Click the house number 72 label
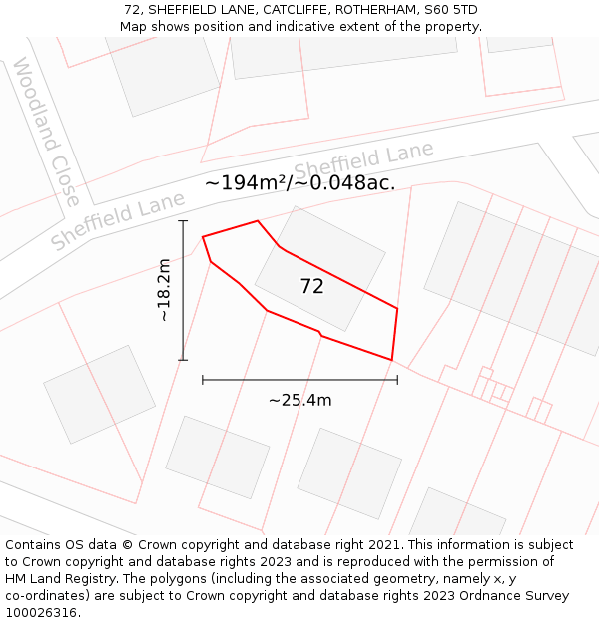(x=311, y=286)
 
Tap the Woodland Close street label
(x=46, y=132)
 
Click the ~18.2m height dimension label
(x=164, y=290)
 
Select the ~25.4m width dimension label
(x=299, y=400)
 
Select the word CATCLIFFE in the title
(x=295, y=10)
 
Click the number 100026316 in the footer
(x=41, y=612)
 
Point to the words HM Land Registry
(x=60, y=579)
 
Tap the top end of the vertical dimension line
(x=183, y=221)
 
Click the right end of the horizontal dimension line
(x=397, y=379)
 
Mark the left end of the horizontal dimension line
(x=203, y=379)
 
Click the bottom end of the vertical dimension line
(x=183, y=359)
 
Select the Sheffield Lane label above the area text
(x=363, y=159)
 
